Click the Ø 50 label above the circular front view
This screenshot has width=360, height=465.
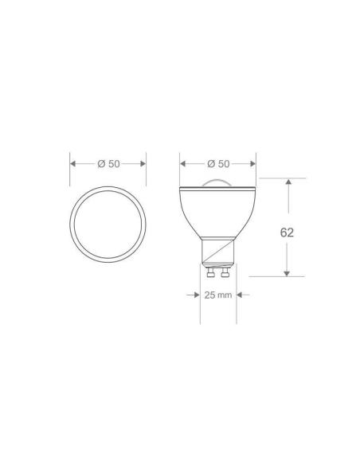[108, 163]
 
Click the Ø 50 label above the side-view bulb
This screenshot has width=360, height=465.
[217, 163]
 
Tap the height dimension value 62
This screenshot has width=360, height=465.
[288, 233]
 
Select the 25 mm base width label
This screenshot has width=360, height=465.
[218, 295]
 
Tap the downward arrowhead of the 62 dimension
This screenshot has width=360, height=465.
[288, 272]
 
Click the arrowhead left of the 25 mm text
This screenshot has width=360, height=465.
[195, 295]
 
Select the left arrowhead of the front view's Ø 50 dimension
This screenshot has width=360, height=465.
[74, 163]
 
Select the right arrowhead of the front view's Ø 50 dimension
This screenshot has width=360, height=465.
[143, 163]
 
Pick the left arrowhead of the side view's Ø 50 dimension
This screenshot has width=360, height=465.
[183, 163]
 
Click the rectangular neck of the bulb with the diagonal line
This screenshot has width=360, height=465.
[218, 254]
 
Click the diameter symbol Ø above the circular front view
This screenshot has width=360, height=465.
[101, 163]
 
